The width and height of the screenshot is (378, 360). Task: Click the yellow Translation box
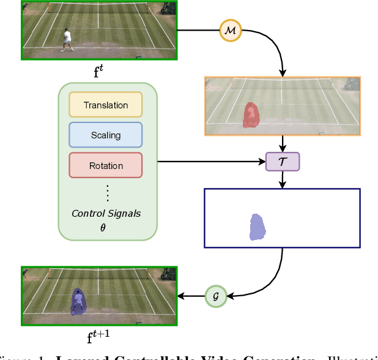(x=106, y=105)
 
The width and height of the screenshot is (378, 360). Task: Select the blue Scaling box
(x=106, y=135)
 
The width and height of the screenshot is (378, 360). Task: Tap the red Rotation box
(x=106, y=165)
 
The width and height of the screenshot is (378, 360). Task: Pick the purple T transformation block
(x=282, y=162)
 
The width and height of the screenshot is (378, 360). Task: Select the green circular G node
(x=215, y=295)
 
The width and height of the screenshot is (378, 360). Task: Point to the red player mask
(x=251, y=115)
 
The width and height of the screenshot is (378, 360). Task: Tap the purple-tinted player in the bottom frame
(x=78, y=302)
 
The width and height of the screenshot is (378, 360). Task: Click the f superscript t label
(x=98, y=69)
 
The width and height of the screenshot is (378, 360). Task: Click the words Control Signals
(x=106, y=214)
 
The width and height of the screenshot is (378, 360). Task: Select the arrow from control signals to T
(x=211, y=162)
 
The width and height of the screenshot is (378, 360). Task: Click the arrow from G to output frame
(x=191, y=296)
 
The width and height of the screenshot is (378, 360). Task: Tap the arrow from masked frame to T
(x=282, y=144)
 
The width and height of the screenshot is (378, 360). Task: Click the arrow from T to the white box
(x=282, y=179)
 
